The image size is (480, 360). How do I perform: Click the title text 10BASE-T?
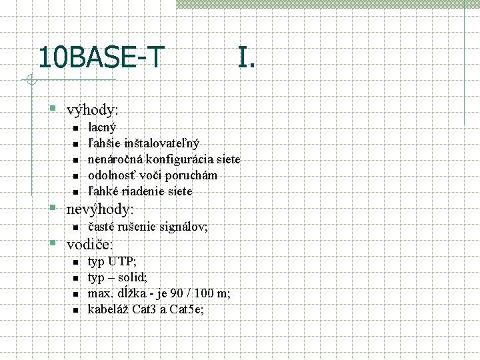tap(101, 57)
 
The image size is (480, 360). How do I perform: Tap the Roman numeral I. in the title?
tap(245, 57)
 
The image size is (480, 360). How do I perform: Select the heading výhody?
tap(93, 109)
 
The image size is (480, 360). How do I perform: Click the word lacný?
tap(102, 127)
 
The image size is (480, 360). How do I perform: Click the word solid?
tap(133, 277)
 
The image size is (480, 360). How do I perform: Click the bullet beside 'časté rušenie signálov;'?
tap(75, 227)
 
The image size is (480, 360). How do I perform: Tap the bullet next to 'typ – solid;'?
tap(75, 278)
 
